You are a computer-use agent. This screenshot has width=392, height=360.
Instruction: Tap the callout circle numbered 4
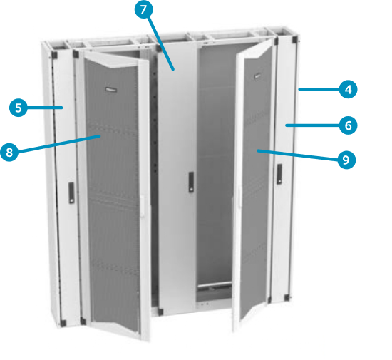point(348,90)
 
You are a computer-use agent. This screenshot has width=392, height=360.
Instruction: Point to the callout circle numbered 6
point(348,125)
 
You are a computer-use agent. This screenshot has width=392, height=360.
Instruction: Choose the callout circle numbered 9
point(346,160)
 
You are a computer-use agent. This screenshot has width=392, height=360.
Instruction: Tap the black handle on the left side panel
point(71,192)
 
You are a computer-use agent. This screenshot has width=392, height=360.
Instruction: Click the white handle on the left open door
point(143,206)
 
